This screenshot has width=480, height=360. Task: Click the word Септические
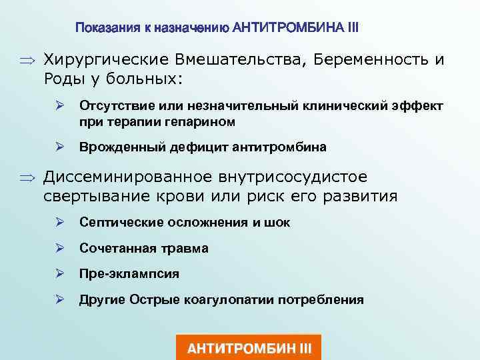tap(115, 223)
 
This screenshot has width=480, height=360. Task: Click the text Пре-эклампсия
tap(129, 274)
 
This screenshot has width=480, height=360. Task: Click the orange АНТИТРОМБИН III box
tap(249, 348)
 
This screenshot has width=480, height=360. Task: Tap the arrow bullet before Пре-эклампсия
tap(59, 274)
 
